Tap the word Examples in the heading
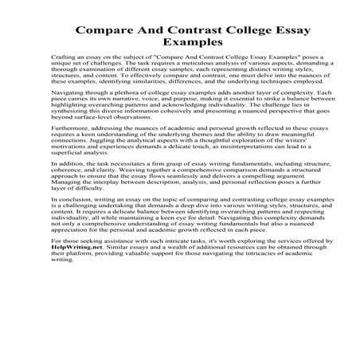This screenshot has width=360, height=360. (x=179, y=45)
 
